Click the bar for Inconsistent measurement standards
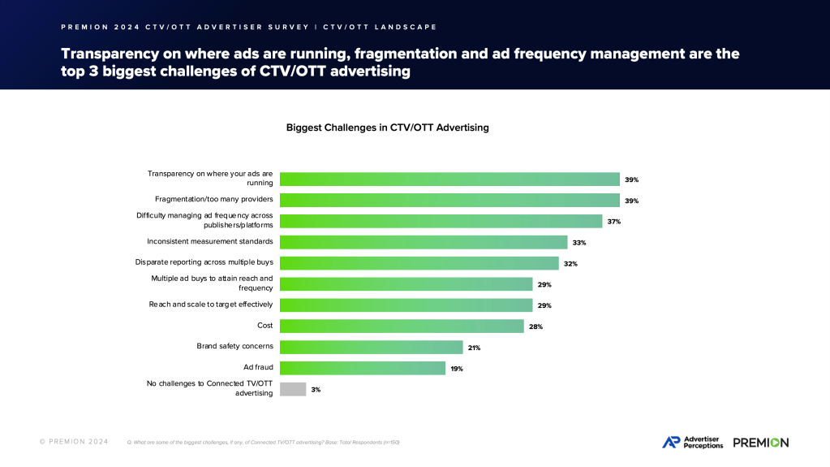[x=423, y=242]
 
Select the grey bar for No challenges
[x=293, y=389]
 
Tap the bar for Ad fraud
[x=363, y=368]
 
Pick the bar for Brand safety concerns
[x=371, y=347]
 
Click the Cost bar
[x=402, y=326]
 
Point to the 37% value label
[x=614, y=222]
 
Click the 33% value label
[x=579, y=243]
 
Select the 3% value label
[x=316, y=390]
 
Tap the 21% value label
[x=474, y=348]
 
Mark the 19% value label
[x=457, y=369]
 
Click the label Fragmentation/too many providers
[x=213, y=199]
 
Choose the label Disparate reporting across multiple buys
[x=204, y=262]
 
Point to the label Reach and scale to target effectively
[x=210, y=305]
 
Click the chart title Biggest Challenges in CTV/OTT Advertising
[x=387, y=128]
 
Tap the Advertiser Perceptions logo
[x=692, y=442]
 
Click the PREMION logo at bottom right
[x=760, y=443]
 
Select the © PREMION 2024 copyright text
[x=75, y=442]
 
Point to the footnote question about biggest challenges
[x=264, y=443]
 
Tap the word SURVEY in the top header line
[x=277, y=27]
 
